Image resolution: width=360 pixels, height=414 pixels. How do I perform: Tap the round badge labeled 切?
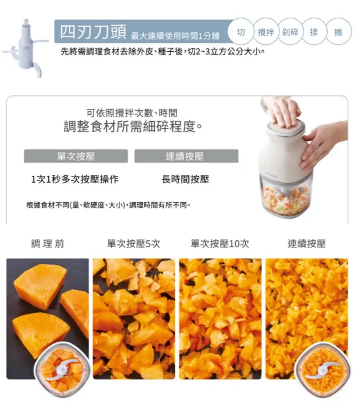point(241,32)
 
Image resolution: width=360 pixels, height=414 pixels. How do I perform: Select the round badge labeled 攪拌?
point(265,32)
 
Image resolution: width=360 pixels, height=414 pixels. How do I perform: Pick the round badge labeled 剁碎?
point(290,32)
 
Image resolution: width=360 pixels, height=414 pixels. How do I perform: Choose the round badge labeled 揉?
point(314,32)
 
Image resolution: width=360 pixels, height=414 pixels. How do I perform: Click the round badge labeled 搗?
point(338,32)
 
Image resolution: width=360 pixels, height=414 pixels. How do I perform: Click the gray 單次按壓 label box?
point(76,156)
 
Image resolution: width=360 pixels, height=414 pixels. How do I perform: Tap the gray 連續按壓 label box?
point(186,156)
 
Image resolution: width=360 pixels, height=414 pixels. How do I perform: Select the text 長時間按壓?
point(185,179)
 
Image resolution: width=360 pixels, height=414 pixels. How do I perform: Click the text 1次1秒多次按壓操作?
point(75,179)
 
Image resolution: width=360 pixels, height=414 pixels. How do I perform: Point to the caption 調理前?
point(48,243)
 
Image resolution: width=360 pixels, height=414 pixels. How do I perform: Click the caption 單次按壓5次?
point(134,243)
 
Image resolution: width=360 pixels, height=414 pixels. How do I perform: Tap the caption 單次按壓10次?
point(220,243)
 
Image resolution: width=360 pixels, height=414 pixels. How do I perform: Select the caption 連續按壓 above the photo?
point(306,243)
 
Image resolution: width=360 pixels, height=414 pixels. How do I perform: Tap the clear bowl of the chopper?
point(286,194)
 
